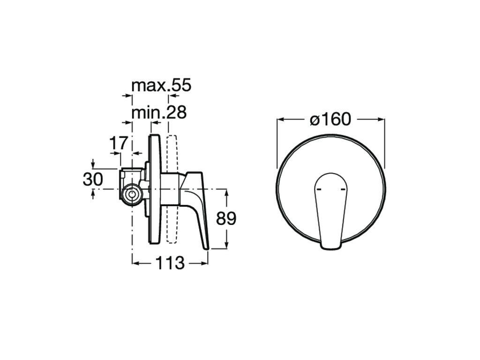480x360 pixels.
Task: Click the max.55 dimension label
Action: click(161, 85)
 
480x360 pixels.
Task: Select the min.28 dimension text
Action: click(159, 112)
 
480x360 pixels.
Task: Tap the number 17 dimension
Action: click(119, 143)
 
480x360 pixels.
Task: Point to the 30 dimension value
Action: click(93, 179)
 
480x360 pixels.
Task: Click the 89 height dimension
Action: click(226, 218)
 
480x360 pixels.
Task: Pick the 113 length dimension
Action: click(170, 263)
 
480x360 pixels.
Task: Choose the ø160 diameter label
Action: click(330, 119)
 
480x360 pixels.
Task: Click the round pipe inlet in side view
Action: click(132, 195)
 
